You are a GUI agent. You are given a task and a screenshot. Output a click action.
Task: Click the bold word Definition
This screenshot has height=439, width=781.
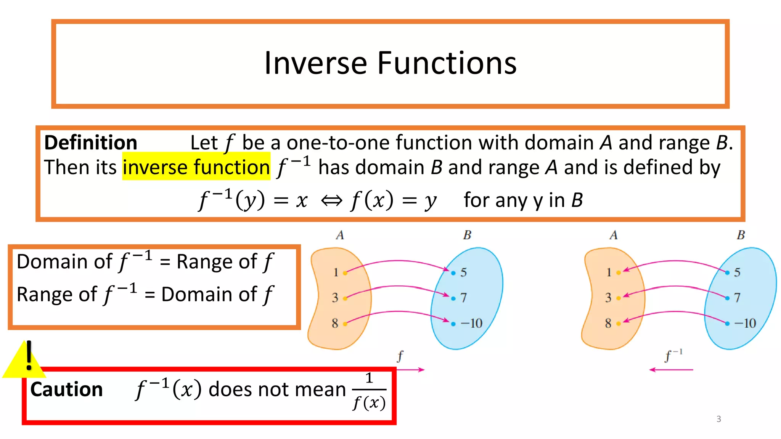tap(91, 143)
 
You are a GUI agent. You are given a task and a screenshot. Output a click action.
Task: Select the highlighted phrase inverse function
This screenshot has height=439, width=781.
tap(196, 167)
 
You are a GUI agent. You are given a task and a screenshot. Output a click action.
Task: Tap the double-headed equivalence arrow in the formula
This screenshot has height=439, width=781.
tap(331, 200)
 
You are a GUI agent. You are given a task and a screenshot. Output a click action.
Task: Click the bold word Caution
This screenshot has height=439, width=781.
tap(67, 389)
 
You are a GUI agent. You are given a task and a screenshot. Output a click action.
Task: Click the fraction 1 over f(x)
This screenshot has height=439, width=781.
tap(369, 391)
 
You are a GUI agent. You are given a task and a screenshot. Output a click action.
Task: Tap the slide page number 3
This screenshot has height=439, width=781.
tap(718, 419)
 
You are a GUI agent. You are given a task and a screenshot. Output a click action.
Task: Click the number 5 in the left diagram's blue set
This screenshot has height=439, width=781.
tap(463, 272)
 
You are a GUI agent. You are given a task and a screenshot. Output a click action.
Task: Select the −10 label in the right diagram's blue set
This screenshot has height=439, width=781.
tap(745, 324)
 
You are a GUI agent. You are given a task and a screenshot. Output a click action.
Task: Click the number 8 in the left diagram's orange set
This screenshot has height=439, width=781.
tap(335, 324)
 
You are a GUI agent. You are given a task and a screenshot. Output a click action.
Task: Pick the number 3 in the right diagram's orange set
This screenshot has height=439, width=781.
tap(608, 298)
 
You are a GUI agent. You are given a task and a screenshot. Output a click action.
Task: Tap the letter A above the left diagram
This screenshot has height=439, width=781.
tap(340, 235)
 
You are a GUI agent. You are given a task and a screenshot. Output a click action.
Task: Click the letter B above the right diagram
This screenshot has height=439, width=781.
tap(741, 235)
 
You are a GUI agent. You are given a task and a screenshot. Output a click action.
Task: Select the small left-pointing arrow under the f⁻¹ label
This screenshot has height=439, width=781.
tap(671, 370)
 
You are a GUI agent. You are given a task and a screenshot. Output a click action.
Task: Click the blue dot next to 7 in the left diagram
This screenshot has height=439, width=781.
tap(453, 298)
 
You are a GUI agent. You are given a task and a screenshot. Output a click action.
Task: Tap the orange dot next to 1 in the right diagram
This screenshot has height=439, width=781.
tap(618, 273)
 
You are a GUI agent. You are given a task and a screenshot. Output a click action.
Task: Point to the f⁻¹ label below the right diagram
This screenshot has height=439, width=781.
tap(673, 356)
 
